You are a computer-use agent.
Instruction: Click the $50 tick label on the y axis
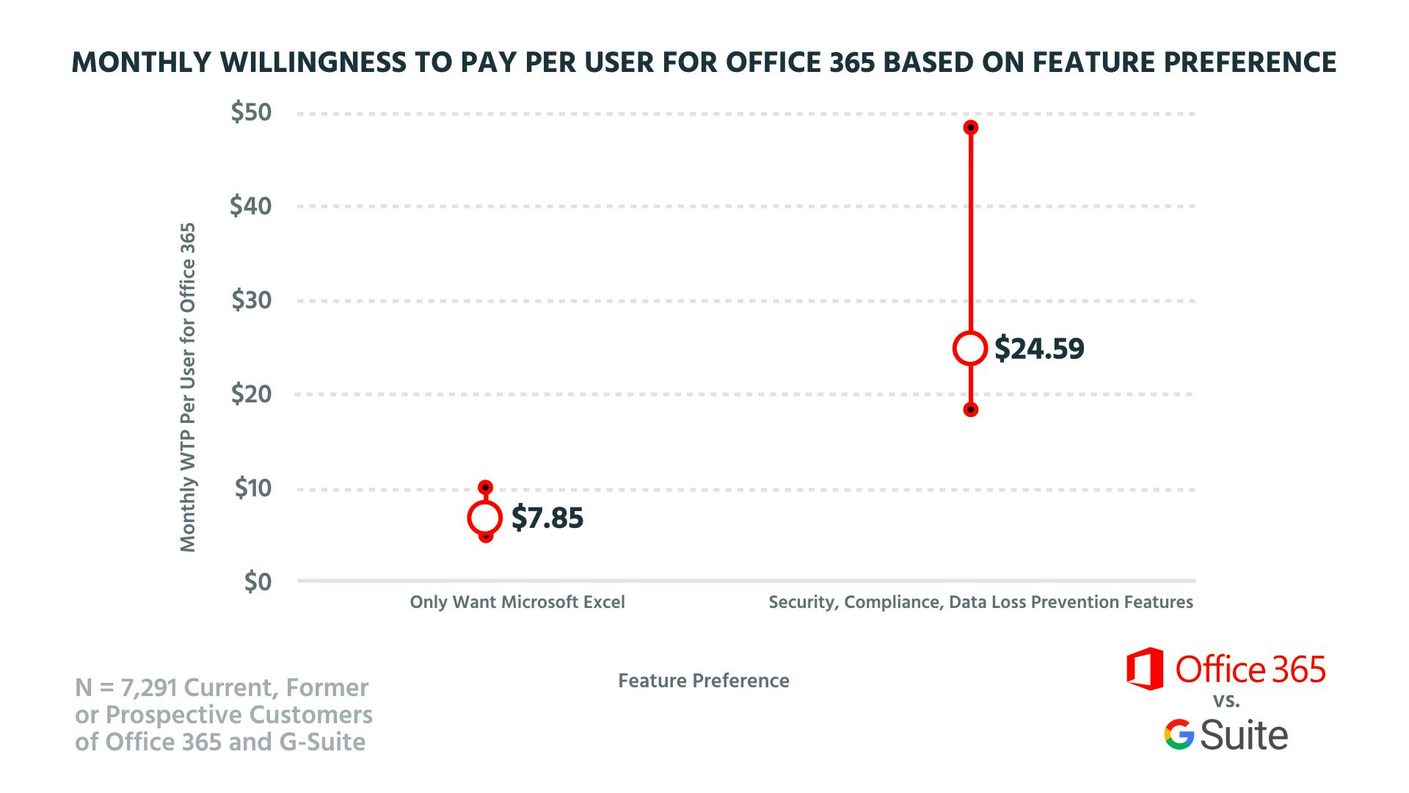click(x=251, y=112)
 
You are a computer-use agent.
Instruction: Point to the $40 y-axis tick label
click(x=251, y=206)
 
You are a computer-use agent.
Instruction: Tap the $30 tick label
click(x=251, y=300)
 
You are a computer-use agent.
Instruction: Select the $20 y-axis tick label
click(x=251, y=394)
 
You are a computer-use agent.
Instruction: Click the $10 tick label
click(x=252, y=488)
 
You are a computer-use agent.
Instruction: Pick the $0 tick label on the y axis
click(x=257, y=582)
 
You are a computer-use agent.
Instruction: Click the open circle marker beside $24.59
click(x=970, y=348)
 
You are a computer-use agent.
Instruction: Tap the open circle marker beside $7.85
click(x=484, y=518)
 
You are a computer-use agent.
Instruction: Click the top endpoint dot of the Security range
click(x=970, y=128)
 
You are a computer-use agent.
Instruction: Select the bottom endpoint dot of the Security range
click(x=970, y=410)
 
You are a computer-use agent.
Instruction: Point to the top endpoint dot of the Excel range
click(x=485, y=488)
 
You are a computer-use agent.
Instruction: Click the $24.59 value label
click(x=1039, y=349)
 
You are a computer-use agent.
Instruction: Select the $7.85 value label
click(x=547, y=518)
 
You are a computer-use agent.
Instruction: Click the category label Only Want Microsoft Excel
click(x=517, y=603)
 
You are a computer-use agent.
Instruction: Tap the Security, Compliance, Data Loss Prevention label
click(x=980, y=603)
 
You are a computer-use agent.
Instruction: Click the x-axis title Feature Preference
click(x=704, y=681)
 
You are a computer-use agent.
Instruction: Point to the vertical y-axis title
click(x=189, y=387)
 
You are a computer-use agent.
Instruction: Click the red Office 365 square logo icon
click(x=1145, y=669)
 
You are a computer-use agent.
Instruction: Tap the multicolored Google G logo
click(x=1179, y=735)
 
